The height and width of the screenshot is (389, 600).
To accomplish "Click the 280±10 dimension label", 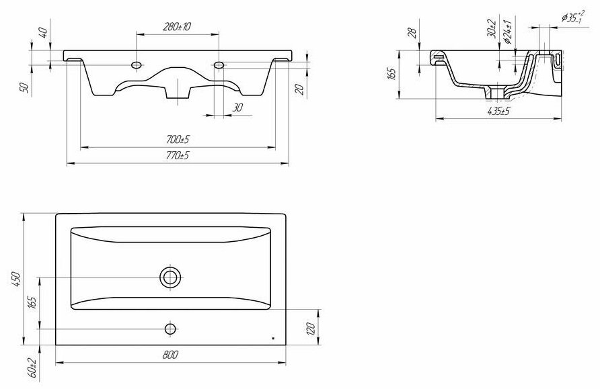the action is (177, 26).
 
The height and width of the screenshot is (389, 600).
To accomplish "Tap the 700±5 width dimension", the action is (178, 140).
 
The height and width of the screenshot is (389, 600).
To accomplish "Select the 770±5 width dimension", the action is (178, 155).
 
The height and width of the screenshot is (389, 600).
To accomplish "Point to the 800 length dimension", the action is (170, 355).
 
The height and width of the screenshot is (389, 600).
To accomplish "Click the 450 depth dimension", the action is (15, 279).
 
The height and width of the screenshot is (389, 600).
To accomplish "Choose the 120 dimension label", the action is (311, 329).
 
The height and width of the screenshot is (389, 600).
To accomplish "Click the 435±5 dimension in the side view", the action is (499, 112).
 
